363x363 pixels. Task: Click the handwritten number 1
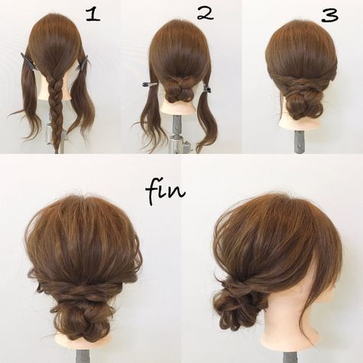93,15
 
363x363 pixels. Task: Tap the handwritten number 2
205,13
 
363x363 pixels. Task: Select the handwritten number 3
330,16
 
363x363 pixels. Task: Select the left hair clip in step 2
150,83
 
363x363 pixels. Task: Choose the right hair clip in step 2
206,88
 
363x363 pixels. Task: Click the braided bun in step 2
178,90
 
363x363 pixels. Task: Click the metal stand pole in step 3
298,142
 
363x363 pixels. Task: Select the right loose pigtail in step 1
80,102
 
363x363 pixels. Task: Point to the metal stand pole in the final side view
289,357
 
